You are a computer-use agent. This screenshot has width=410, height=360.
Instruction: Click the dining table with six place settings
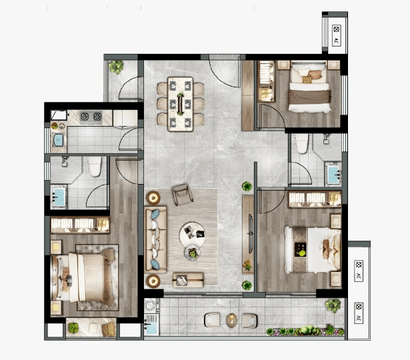coord(181,104)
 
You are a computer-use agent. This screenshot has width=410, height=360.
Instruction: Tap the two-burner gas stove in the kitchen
coord(91,117)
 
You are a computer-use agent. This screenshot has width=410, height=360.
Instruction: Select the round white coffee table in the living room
coord(192,235)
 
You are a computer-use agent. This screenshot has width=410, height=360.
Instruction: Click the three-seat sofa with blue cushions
coord(156,240)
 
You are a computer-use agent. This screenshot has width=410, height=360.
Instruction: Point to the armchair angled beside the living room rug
coord(183,195)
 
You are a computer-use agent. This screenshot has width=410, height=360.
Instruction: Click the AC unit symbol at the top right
coord(337,35)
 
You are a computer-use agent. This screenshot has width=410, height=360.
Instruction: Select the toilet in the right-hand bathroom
coord(302,143)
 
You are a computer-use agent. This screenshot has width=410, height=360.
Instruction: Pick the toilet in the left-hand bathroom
coord(95,166)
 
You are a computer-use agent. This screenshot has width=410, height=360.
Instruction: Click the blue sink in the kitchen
coord(59,141)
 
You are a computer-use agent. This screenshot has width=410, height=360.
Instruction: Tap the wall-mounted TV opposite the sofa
coord(251,233)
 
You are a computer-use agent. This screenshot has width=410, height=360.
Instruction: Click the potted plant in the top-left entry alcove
coord(116,67)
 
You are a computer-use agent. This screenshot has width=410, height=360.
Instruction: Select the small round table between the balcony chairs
coord(231,319)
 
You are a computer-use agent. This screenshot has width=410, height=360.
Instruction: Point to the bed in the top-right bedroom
coord(309,87)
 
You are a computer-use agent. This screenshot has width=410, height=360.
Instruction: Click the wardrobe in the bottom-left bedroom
coord(80,225)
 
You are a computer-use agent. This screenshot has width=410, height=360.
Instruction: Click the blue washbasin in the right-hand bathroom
coord(333,175)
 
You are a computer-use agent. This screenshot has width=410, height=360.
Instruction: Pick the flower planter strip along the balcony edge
coord(305,331)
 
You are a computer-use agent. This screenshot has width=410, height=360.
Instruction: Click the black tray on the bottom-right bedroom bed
coord(301,250)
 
